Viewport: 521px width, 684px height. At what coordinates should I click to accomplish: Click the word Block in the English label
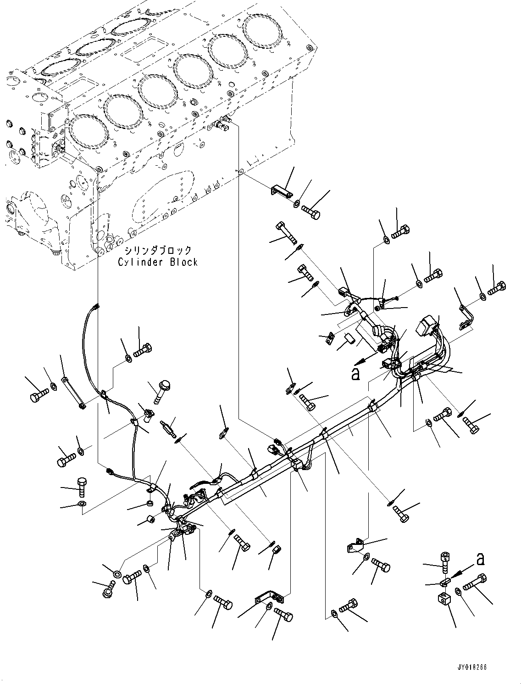(x=183, y=262)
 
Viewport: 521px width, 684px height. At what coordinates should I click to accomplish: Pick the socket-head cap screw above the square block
(x=445, y=559)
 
